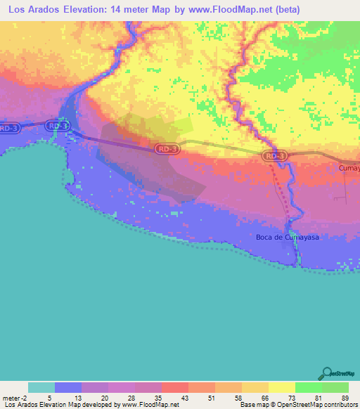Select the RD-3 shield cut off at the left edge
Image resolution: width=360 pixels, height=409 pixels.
(8, 128)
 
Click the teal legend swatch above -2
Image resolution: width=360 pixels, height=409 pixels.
(41, 387)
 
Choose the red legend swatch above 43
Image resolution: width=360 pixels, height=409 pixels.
(174, 387)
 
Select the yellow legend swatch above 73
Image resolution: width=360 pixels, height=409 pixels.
(281, 387)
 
